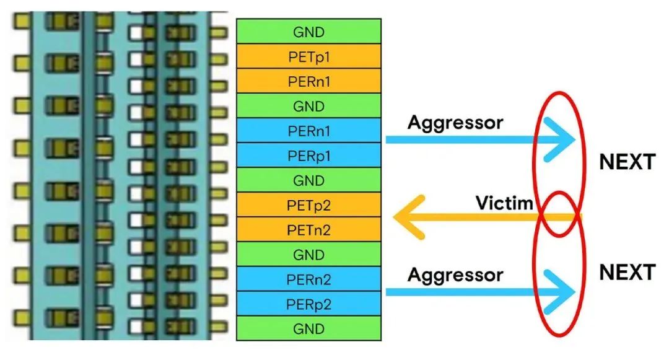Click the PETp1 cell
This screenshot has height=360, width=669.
pos(309,56)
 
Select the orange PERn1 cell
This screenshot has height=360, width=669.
pos(309,81)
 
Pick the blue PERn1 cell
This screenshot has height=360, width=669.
pos(309,131)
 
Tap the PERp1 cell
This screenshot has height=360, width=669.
pos(309,156)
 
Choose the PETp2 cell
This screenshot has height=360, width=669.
pos(309,205)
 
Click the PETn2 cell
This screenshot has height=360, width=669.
pos(309,230)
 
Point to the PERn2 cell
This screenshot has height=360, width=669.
pos(309,279)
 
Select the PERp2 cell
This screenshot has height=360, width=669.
pos(309,304)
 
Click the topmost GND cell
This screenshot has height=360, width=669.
pos(309,31)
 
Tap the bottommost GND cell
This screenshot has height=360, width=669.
pos(309,328)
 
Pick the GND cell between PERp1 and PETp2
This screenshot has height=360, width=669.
pos(309,180)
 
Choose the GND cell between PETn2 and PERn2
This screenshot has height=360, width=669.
pos(309,255)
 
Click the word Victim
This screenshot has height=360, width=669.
pos(504,203)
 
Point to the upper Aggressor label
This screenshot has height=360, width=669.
pos(455,122)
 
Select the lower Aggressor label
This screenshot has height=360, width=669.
pos(455,274)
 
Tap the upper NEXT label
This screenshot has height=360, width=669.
pos(627,162)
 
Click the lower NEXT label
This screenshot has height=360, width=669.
pos(627,273)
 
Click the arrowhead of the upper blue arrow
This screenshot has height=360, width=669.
pos(564,139)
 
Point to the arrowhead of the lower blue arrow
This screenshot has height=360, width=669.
pos(564,291)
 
